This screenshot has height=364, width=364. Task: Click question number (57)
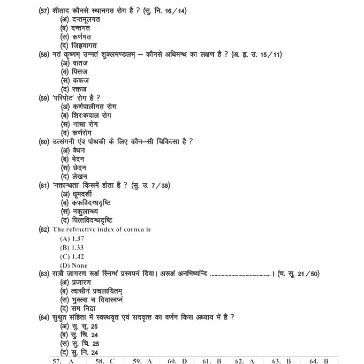pyautogui.click(x=44, y=11)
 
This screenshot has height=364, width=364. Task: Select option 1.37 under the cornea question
pyautogui.click(x=72, y=238)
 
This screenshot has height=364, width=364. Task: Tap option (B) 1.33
pyautogui.click(x=72, y=247)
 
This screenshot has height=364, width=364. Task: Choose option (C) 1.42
pyautogui.click(x=72, y=256)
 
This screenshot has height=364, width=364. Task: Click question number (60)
pyautogui.click(x=44, y=141)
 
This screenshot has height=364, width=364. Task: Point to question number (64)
pyautogui.click(x=44, y=317)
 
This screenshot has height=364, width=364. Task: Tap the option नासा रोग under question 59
pyautogui.click(x=80, y=124)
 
